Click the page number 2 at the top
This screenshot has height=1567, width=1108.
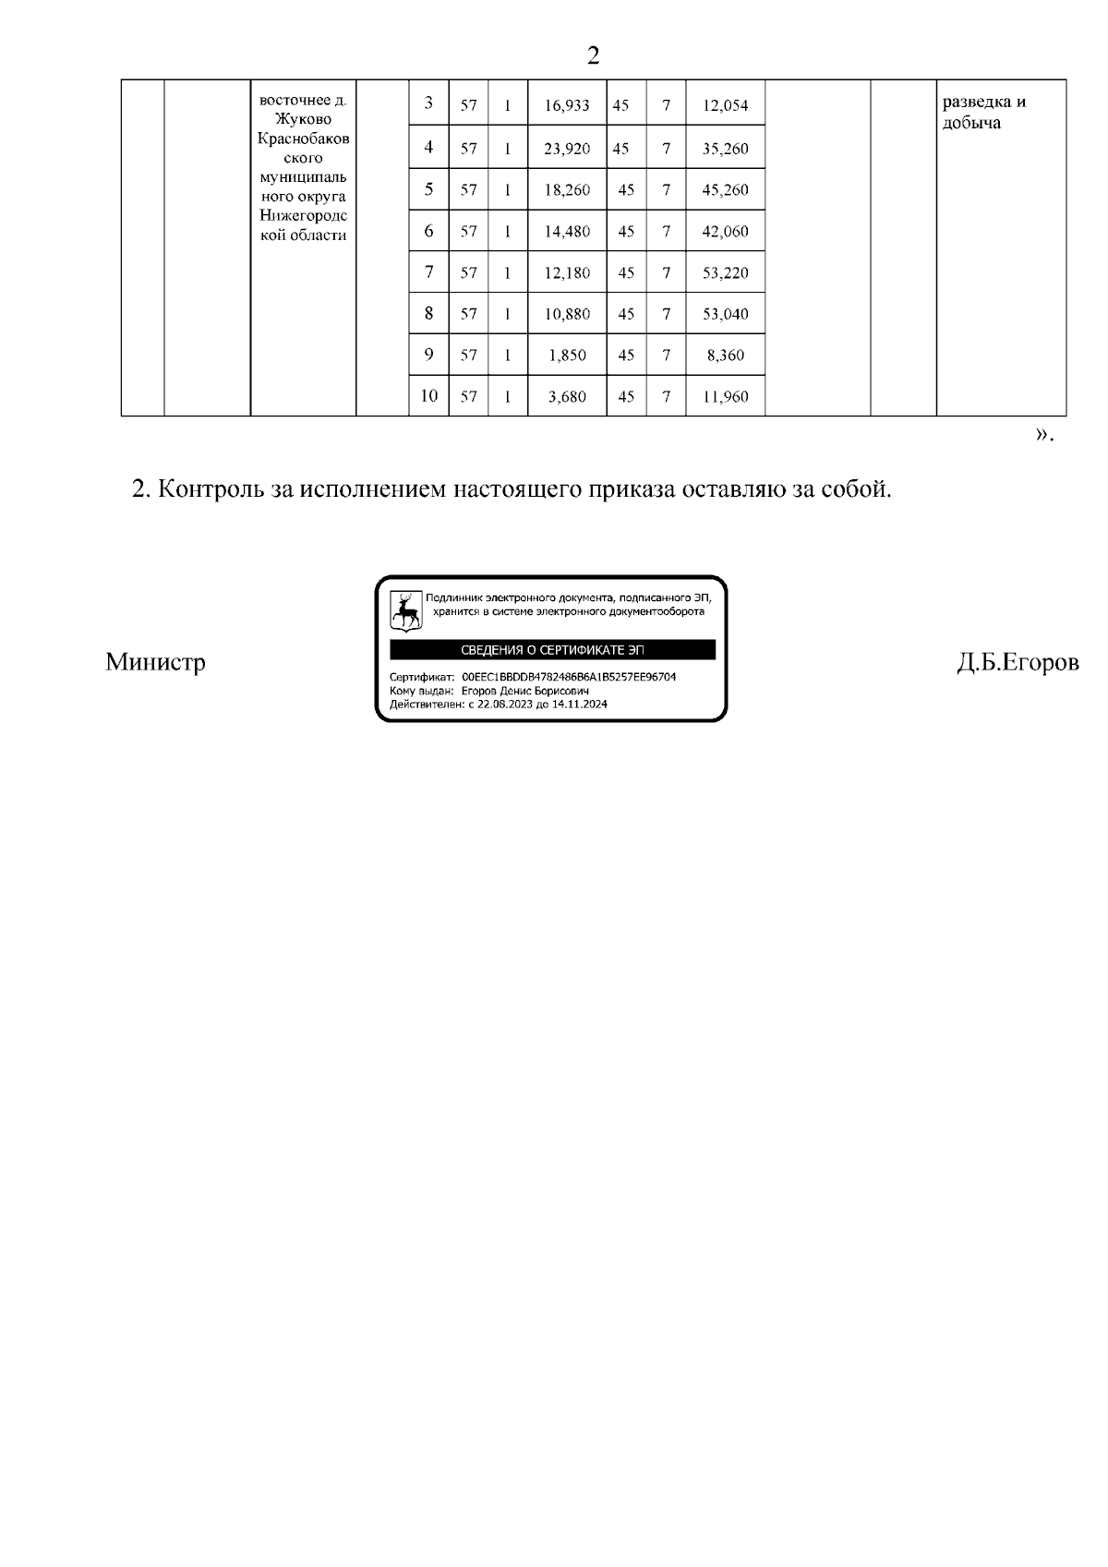pos(593,56)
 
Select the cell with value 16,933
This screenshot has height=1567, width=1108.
pos(566,105)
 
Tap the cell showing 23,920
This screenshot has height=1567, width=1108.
pos(566,149)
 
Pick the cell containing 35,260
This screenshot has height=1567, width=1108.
pos(725,149)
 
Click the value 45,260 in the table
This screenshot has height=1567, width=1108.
pos(725,190)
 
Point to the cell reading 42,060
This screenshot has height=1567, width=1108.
pos(725,232)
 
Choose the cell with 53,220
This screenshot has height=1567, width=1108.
pos(725,273)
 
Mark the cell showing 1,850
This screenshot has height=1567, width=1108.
pos(566,356)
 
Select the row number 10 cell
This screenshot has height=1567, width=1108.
pos(428,396)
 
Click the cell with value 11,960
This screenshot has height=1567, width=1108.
pos(725,397)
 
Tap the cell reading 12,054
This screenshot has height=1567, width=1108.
pos(725,105)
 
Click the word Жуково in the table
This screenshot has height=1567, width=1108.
pos(303,119)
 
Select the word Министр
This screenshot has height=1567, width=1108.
pos(155,662)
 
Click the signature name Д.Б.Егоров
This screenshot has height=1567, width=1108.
pos(1018,662)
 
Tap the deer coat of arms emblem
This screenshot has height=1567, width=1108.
pos(405,609)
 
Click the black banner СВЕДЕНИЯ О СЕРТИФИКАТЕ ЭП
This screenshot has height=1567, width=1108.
pos(552,650)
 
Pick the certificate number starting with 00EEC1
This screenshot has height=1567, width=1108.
pos(569,677)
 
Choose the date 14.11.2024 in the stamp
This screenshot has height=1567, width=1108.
pos(580,704)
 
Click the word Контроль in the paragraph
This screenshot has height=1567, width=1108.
pos(211,488)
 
